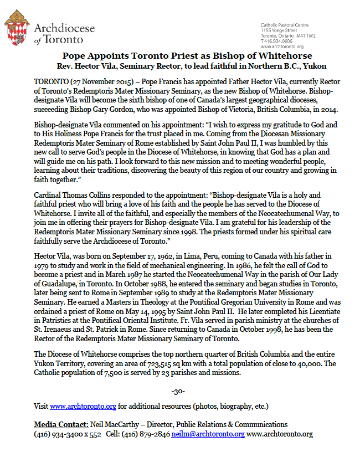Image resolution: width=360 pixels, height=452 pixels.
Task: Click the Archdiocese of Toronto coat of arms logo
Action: click(17, 32)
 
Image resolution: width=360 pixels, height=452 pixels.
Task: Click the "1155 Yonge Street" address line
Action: click(280, 31)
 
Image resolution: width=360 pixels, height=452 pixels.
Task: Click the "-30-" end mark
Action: click(179, 392)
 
